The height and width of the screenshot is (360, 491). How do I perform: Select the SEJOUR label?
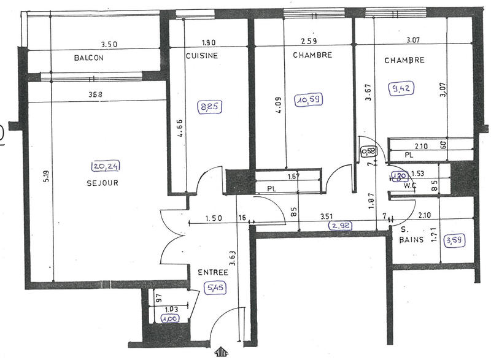pyautogui.click(x=102, y=183)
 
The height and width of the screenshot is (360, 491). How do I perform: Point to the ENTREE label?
pyautogui.click(x=213, y=272)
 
